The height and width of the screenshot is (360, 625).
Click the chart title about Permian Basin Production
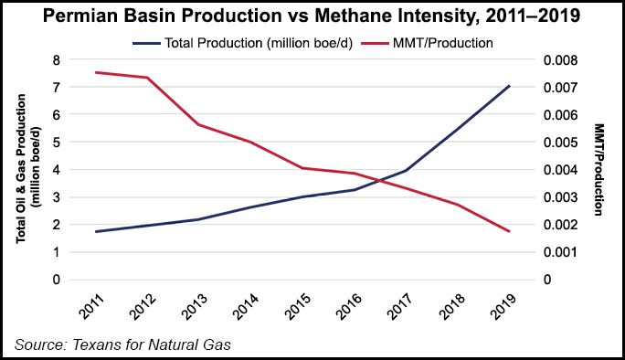pyautogui.click(x=312, y=16)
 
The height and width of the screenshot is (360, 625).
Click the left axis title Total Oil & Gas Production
pyautogui.click(x=26, y=170)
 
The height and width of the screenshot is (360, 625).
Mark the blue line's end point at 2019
pyautogui.click(x=509, y=86)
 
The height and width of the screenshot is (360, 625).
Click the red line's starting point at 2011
pyautogui.click(x=96, y=72)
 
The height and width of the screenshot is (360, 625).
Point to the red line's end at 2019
pyautogui.click(x=509, y=232)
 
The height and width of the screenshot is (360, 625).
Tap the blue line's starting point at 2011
pyautogui.click(x=96, y=232)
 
